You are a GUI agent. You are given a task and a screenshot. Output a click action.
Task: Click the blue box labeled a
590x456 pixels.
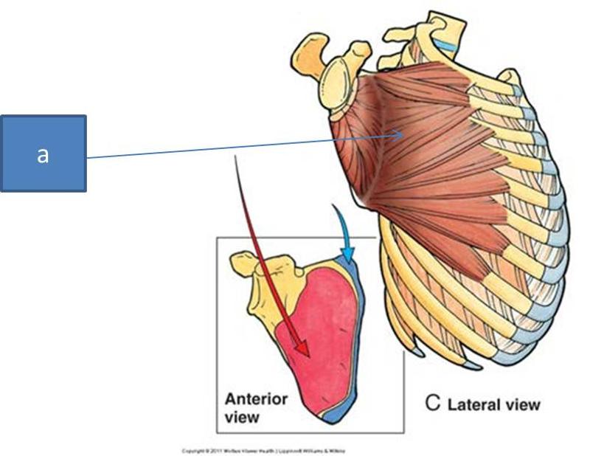(43, 153)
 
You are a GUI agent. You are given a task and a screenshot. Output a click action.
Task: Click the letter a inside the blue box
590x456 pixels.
(43, 155)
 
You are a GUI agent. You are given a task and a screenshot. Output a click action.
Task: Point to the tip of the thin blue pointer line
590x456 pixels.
(403, 134)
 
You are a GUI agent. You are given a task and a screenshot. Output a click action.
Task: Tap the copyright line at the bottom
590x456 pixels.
(263, 450)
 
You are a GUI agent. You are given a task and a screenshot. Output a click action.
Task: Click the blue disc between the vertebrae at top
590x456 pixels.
(445, 46)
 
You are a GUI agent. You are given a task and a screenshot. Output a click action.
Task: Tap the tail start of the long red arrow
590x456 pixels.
(235, 157)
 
